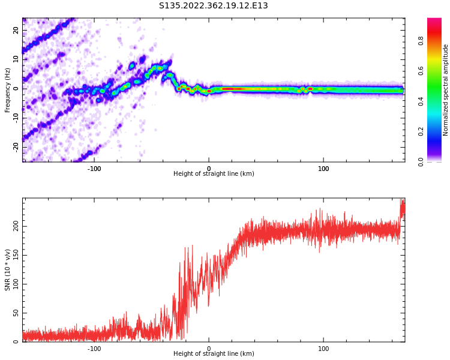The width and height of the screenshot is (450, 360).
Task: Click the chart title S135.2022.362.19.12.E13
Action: (213, 6)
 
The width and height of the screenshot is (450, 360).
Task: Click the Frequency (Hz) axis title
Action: (8, 90)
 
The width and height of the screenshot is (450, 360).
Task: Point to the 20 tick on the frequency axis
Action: (16, 30)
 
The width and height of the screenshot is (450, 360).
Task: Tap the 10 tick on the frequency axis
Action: (16, 59)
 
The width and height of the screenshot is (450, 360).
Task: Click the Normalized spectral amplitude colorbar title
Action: (446, 90)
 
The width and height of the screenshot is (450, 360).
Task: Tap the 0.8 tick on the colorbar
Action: (421, 41)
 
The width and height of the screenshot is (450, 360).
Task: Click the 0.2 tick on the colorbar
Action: (421, 131)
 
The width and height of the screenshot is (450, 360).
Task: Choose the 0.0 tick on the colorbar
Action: (421, 161)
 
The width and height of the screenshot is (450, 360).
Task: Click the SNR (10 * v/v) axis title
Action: (8, 270)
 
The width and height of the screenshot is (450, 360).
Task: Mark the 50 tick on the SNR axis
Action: (16, 313)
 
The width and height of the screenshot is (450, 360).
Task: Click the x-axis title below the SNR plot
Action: (214, 354)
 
